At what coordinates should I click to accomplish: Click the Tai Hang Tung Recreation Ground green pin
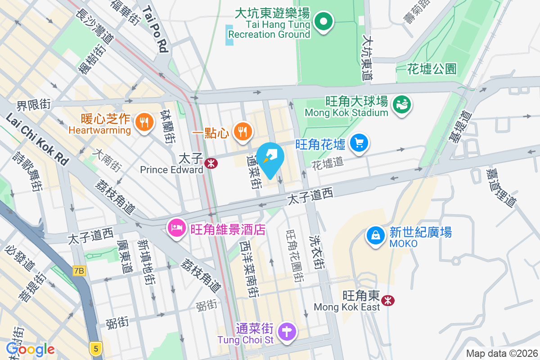(323, 21)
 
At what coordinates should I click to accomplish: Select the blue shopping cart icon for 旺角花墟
(359, 144)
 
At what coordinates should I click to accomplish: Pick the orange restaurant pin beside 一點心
(243, 131)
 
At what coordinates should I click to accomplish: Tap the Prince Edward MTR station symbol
(210, 163)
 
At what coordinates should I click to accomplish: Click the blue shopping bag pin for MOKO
(375, 235)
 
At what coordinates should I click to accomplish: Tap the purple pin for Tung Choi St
(286, 332)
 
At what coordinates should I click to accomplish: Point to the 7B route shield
(79, 270)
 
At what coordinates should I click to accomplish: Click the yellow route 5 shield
(94, 347)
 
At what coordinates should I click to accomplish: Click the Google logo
(30, 349)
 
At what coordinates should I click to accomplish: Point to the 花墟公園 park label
(432, 68)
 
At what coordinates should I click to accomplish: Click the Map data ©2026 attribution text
(502, 354)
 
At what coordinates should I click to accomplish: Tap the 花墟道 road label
(327, 162)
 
